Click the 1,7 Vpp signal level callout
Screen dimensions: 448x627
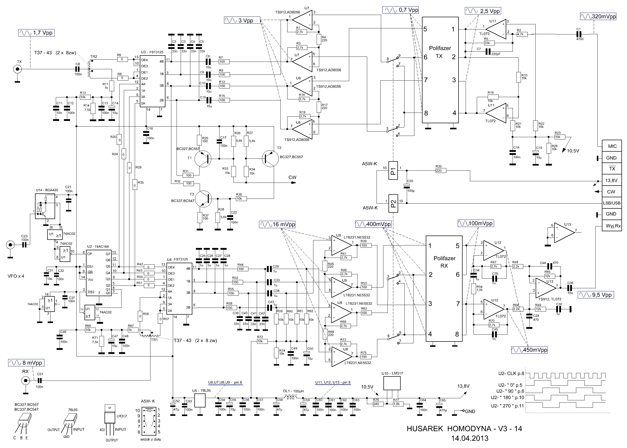click(x=36, y=33)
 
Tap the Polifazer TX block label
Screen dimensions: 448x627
click(x=439, y=52)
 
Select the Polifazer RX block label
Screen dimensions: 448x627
click(x=444, y=262)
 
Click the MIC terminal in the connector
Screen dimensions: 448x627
click(x=612, y=146)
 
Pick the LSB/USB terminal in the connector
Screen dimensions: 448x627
click(x=612, y=203)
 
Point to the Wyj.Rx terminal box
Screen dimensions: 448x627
click(x=613, y=226)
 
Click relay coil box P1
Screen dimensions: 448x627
click(x=393, y=170)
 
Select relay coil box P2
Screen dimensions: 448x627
click(x=393, y=203)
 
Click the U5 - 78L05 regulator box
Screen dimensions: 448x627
click(x=200, y=401)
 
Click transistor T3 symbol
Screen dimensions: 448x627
click(x=204, y=199)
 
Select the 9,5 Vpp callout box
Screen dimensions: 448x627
click(x=596, y=295)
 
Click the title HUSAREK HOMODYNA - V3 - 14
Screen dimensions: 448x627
click(x=464, y=429)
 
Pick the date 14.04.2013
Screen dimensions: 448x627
click(x=470, y=438)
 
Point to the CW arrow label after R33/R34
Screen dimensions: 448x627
click(x=292, y=177)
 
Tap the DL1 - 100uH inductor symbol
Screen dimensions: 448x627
click(x=291, y=398)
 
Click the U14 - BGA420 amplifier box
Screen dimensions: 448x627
click(x=45, y=206)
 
